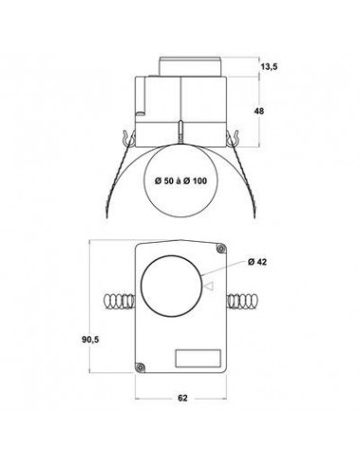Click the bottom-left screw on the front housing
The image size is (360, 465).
pyautogui.click(x=141, y=364)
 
